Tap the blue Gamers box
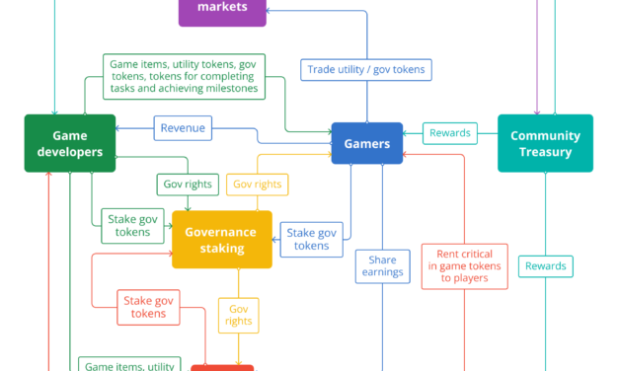point(366,144)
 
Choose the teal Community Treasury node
point(545,144)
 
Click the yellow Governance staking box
point(222,240)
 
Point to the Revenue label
point(184,128)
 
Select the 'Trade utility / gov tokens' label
point(367,69)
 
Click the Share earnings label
point(383,265)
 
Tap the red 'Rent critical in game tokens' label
point(464,266)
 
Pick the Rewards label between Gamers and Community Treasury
point(449,133)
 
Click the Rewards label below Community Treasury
point(545,266)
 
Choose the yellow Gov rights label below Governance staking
point(238,314)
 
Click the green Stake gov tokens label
point(131,225)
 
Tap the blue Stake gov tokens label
point(312,240)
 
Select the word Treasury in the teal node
point(545,152)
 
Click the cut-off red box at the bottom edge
point(222,367)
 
